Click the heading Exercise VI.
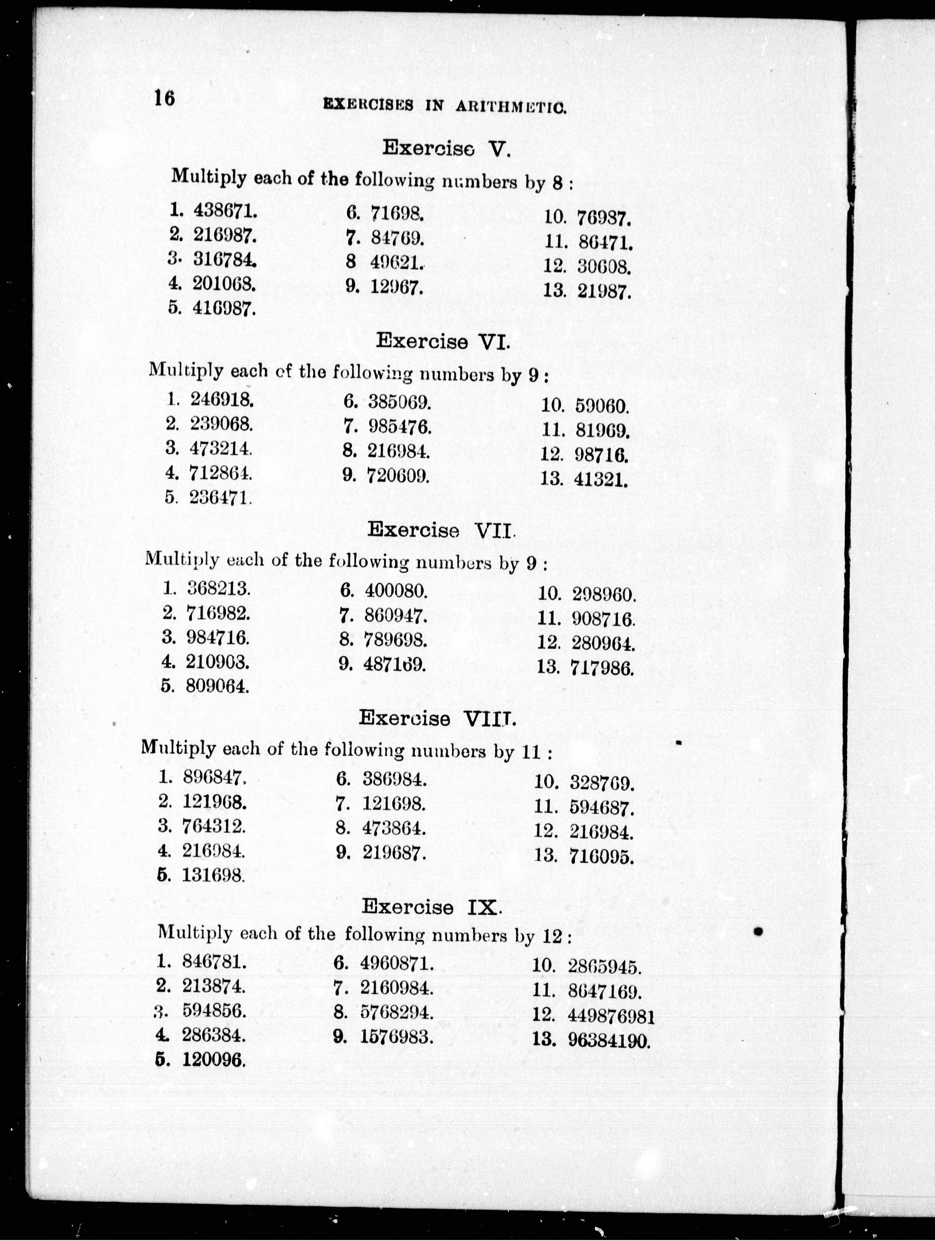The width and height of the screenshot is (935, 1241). (443, 341)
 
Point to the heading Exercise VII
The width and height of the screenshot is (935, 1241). (441, 530)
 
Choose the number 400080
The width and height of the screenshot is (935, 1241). (396, 590)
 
